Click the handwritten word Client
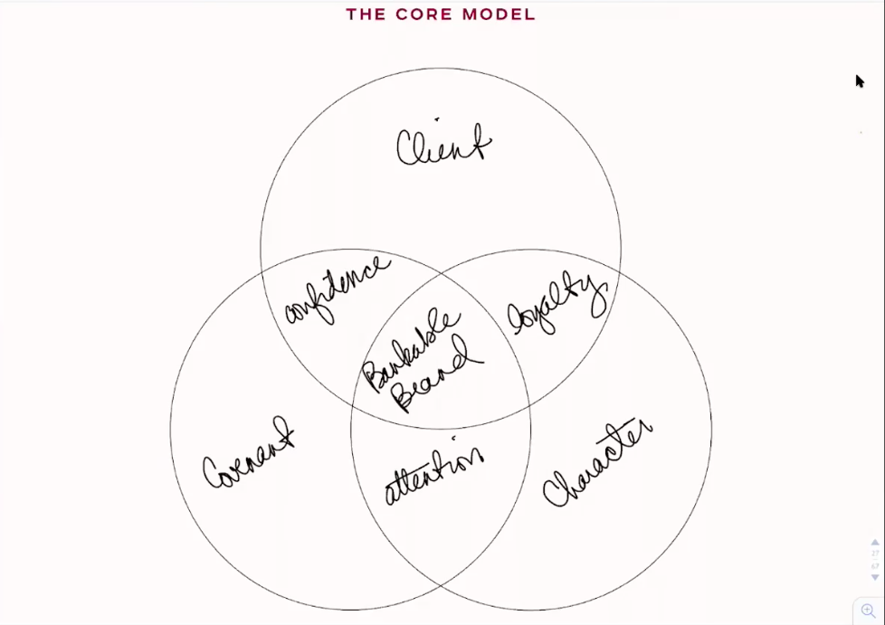click(443, 146)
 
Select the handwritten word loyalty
click(557, 305)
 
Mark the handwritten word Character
click(597, 464)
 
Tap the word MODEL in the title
click(499, 14)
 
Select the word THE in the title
click(366, 14)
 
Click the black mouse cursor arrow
click(860, 81)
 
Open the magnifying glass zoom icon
click(868, 611)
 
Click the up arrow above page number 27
click(875, 542)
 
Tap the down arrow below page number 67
click(875, 577)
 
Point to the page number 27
click(875, 553)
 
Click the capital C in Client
click(409, 149)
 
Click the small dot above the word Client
click(436, 118)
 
